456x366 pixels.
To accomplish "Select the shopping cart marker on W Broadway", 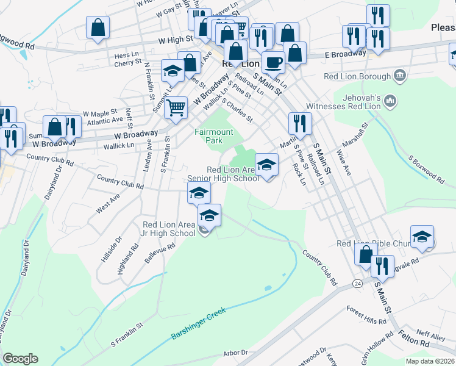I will pyautogui.click(x=176, y=108).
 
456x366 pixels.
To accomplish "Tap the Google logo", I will pyautogui.click(x=20, y=359).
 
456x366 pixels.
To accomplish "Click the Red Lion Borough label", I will pyautogui.click(x=357, y=76).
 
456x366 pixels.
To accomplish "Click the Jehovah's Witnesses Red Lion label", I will pyautogui.click(x=357, y=102).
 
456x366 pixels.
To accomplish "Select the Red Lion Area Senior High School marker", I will pyautogui.click(x=266, y=165).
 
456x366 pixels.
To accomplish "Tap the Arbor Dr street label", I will pyautogui.click(x=235, y=352).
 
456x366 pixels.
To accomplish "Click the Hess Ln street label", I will pyautogui.click(x=127, y=55).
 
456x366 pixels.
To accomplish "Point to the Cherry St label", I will pyautogui.click(x=127, y=63).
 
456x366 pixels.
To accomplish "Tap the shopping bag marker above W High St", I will pyautogui.click(x=98, y=28).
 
